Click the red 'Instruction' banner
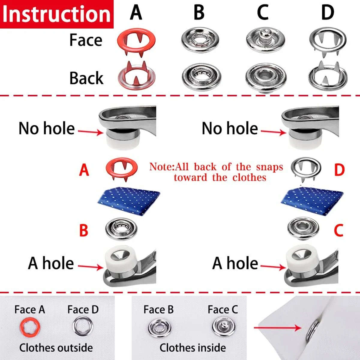point(57,14)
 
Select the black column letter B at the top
point(199,13)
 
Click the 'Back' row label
point(86,78)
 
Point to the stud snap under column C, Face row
point(265,39)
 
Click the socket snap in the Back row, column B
point(201,77)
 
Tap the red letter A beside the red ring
point(84,170)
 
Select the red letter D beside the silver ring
point(339,170)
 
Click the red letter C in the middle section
point(338,230)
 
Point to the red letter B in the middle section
point(83,230)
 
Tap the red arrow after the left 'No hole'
point(90,131)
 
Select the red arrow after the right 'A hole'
point(273,266)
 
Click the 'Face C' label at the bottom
point(223,310)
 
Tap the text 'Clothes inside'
point(193,348)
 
